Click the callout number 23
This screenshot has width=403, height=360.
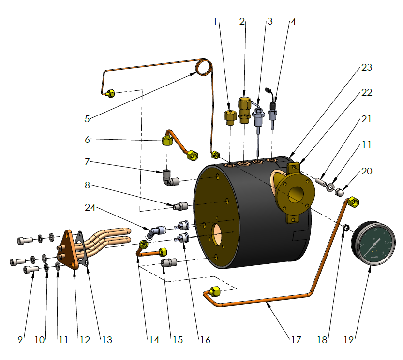[366, 67]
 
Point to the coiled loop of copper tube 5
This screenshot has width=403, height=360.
[204, 67]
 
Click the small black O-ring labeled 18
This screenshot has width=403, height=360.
[346, 226]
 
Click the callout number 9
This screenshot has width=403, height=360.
[20, 340]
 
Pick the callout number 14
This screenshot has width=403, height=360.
[154, 340]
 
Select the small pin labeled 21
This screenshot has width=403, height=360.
[322, 183]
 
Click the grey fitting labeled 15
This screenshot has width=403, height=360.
[168, 264]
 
